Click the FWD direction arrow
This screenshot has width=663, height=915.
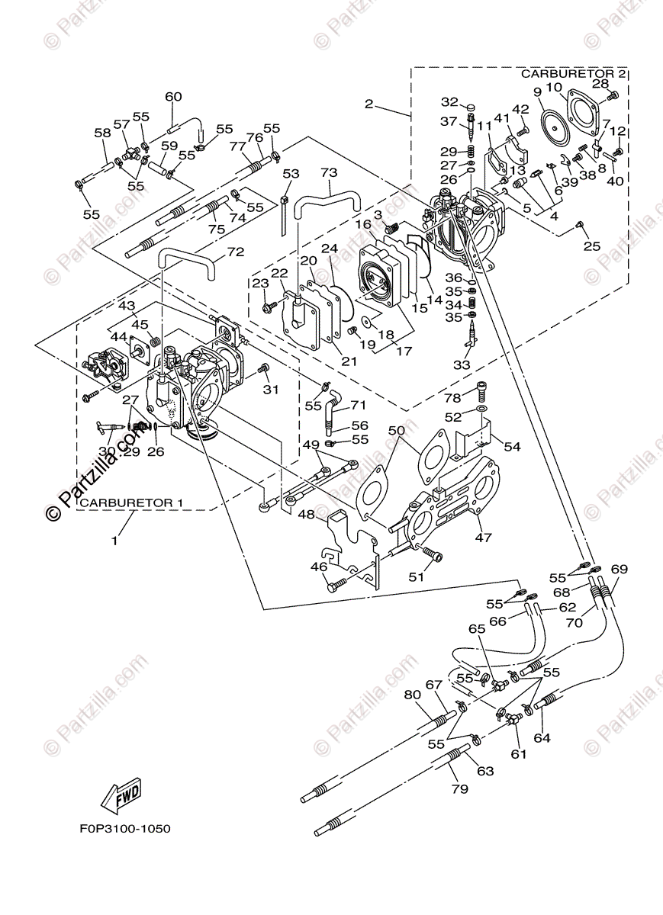pos(122,796)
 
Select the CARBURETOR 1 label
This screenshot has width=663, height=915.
pos(131,503)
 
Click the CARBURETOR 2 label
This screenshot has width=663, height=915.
pos(574,74)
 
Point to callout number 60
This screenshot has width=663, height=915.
pos(173,97)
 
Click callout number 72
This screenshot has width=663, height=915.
pos(236,251)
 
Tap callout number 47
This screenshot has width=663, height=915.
pos(484,538)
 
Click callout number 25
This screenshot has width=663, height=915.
pos(592,246)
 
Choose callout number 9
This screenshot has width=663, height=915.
pos(537,91)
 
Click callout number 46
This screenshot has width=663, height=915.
pos(318,567)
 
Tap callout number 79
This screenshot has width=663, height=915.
pos(459,789)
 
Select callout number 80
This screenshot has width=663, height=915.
pos(412,695)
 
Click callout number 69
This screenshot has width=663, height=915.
pos(619,569)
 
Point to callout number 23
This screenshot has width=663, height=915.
pos(261,284)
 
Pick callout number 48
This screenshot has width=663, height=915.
pos(306,515)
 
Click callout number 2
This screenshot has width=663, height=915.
pos(369,104)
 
